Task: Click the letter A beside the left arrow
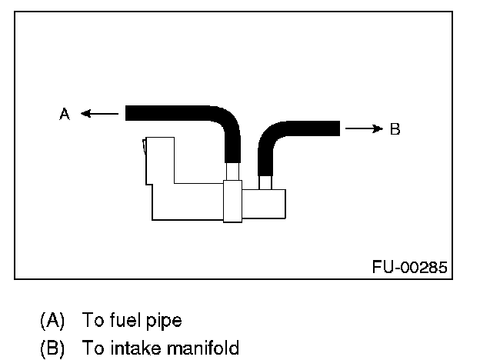[x=65, y=114]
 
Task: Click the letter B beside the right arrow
[x=395, y=128]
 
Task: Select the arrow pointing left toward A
[x=99, y=114]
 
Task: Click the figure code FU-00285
[x=409, y=267]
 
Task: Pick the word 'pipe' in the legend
[x=164, y=319]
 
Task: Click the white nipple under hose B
[x=266, y=183]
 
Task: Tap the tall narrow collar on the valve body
[x=232, y=201]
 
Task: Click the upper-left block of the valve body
[x=159, y=160]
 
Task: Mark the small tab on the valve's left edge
[x=145, y=148]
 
